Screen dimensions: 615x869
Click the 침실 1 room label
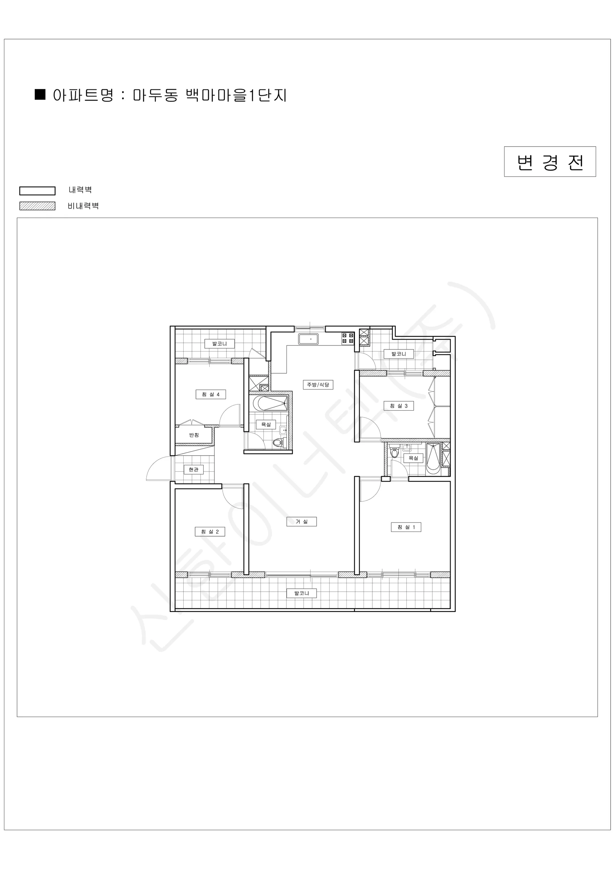406,527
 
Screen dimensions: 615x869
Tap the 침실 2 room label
210,532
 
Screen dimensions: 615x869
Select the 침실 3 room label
398,406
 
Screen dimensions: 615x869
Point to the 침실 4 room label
210,394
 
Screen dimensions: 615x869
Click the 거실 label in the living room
301,521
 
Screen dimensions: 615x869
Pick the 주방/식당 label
318,385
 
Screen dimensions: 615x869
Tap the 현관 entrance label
193,470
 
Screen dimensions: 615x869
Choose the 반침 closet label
194,435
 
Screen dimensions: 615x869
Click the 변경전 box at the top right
550,161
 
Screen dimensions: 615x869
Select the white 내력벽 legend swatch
38,191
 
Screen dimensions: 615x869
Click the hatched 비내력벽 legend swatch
38,206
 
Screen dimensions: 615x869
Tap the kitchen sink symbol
308,339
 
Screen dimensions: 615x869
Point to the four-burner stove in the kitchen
348,338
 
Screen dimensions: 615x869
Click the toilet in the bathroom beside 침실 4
278,442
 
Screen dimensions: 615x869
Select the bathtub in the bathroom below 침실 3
433,459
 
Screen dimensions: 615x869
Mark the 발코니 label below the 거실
301,593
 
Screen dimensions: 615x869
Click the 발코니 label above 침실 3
398,354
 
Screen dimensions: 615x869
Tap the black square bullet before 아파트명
40,95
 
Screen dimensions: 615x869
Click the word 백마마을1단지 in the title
236,95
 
